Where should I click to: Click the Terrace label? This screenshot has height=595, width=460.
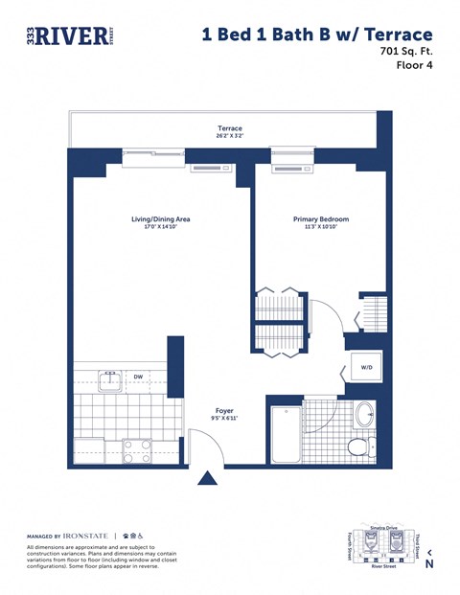(230, 128)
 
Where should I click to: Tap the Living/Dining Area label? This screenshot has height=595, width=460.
(161, 219)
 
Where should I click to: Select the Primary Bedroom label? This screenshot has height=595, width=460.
(321, 219)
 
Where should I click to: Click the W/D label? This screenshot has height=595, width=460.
(366, 367)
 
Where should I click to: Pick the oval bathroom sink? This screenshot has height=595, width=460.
(365, 415)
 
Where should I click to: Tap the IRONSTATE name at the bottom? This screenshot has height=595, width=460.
(87, 536)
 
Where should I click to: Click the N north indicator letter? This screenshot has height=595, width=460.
(429, 564)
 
